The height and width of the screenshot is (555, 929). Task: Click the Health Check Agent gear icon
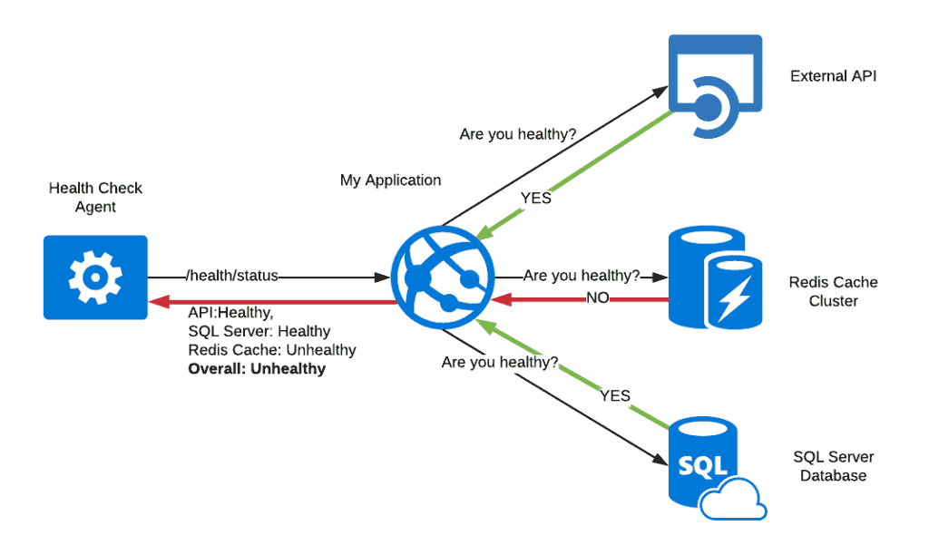coord(94,277)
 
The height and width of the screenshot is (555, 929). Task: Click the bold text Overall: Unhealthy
coord(257,369)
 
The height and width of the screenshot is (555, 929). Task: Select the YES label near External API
coord(535,197)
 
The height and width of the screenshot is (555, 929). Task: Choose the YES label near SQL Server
coord(614,395)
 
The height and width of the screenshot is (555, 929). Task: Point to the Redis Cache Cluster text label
coord(833,291)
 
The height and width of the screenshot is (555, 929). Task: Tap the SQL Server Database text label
coord(833,466)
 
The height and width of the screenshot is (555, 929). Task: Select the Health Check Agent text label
coord(95,198)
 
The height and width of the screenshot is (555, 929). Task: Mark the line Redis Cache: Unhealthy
coord(272,350)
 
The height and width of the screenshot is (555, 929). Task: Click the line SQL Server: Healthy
coord(259,331)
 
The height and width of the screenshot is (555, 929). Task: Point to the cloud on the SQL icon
coord(735,498)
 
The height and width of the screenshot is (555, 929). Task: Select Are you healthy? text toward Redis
coord(582,275)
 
